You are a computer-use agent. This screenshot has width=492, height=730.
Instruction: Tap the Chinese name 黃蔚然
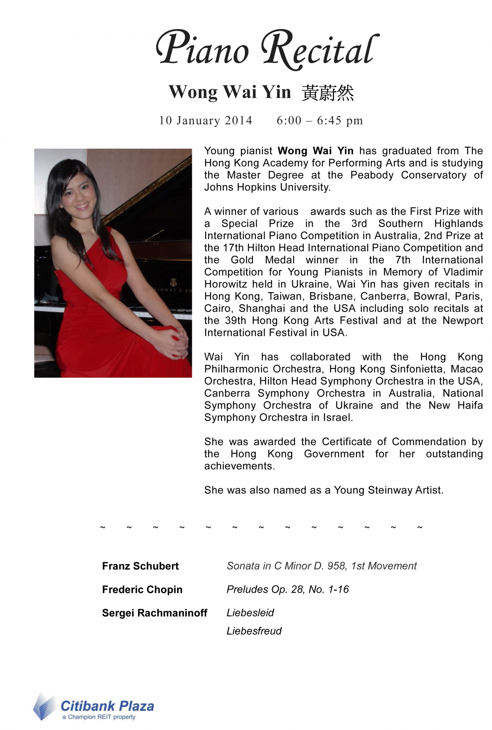[x=328, y=93]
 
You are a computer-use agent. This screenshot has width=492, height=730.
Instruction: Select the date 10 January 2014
[x=205, y=120]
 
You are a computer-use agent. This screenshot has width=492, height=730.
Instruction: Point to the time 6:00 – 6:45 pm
[x=320, y=120]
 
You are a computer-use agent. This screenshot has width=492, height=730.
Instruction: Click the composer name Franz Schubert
[x=140, y=566]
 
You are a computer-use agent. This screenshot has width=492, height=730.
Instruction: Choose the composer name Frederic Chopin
[x=142, y=589]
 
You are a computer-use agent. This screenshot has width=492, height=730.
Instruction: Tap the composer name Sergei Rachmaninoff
[x=155, y=613]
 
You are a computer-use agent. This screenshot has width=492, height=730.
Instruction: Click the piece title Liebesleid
[x=250, y=613]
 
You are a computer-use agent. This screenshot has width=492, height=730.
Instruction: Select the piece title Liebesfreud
[x=254, y=631]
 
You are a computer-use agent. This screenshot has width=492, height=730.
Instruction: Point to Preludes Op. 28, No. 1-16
[x=287, y=589]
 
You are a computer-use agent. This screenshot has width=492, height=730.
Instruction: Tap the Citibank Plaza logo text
[x=107, y=706]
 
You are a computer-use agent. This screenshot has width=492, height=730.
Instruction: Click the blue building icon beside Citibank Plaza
[x=44, y=707]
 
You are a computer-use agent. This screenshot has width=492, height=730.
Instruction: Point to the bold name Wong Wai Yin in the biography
[x=315, y=151]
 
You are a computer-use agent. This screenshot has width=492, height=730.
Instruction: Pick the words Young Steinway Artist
[x=388, y=490]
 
